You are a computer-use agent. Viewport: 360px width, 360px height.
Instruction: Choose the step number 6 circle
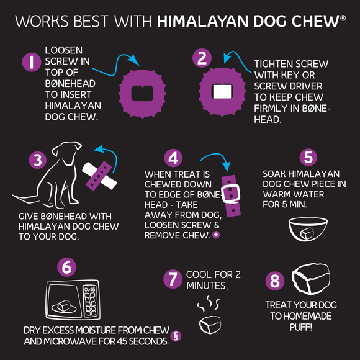[x=66, y=268]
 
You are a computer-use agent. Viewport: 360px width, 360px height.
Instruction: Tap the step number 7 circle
[x=173, y=279]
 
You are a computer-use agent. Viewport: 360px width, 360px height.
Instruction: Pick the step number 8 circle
[x=274, y=281]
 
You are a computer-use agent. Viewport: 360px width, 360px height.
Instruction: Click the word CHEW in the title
[x=317, y=22]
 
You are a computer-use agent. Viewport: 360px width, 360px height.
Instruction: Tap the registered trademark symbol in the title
[x=342, y=19]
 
